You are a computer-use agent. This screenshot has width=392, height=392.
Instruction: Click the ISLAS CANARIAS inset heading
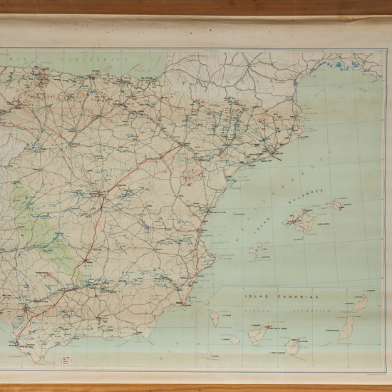(282, 296)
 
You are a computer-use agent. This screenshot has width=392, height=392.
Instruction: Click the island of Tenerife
(259, 334)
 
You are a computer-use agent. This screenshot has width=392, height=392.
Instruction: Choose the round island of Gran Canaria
(292, 346)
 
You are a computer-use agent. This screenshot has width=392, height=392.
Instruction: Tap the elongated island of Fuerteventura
(344, 329)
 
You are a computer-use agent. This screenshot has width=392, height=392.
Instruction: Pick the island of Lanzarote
(361, 304)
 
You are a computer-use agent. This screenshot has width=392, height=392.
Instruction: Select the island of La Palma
(215, 319)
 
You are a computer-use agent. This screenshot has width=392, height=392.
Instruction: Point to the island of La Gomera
(234, 340)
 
